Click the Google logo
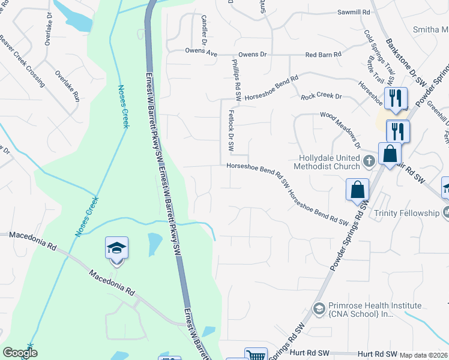20,353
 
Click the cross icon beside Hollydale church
369,161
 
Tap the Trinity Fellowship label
406,213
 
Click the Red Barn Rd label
323,55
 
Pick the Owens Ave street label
201,52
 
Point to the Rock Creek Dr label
321,96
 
